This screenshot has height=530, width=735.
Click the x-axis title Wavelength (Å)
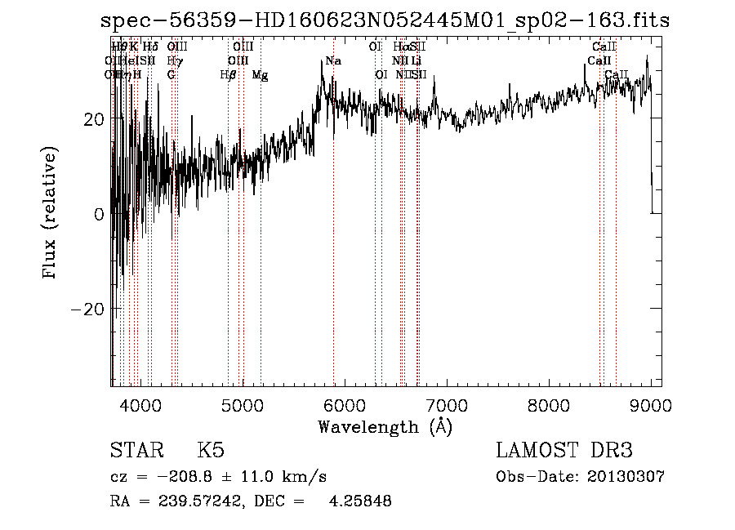pos(385,426)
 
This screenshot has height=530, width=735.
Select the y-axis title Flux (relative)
pos(51,214)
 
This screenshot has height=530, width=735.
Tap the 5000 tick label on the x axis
pos(242,404)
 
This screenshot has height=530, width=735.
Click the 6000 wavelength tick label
pos(344,404)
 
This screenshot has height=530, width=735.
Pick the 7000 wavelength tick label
pos(447,404)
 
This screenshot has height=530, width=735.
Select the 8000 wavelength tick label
pos(549,404)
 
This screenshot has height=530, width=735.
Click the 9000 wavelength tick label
pos(651,404)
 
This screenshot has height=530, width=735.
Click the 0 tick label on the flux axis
pos(99,214)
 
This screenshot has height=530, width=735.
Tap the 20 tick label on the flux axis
pos(94,119)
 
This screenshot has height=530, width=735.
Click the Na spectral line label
pos(333,60)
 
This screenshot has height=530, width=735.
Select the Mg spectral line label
pos(260,75)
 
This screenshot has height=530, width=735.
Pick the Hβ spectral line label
pos(229,75)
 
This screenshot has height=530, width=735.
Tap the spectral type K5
pos(211,451)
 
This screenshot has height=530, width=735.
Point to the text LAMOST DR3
pos(563,451)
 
